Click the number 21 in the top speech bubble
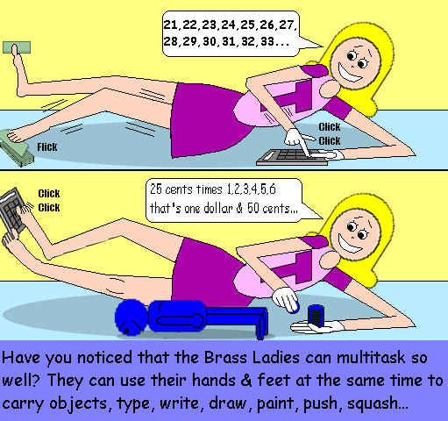pyautogui.click(x=170, y=25)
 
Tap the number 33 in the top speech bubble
pyautogui.click(x=267, y=41)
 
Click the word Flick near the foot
pyautogui.click(x=47, y=146)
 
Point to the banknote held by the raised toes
pyautogui.click(x=17, y=47)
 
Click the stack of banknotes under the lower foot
pyautogui.click(x=17, y=149)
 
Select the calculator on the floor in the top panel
pyautogui.click(x=292, y=157)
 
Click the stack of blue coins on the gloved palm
pyautogui.click(x=316, y=316)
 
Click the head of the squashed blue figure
pyautogui.click(x=131, y=317)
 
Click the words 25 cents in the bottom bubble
pyautogui.click(x=171, y=189)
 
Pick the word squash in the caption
pyautogui.click(x=372, y=404)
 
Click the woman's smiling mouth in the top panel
pyautogui.click(x=351, y=73)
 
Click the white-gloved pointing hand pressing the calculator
pyautogui.click(x=298, y=140)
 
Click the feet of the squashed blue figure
pyautogui.click(x=262, y=323)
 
